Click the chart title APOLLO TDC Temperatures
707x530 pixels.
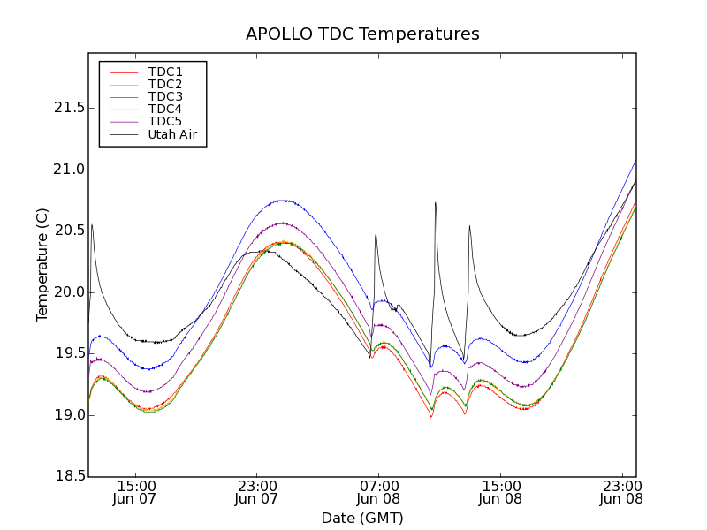[362, 34]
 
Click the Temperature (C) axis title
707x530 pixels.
[42, 265]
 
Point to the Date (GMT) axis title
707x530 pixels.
[362, 518]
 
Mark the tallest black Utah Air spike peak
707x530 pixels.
[436, 203]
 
